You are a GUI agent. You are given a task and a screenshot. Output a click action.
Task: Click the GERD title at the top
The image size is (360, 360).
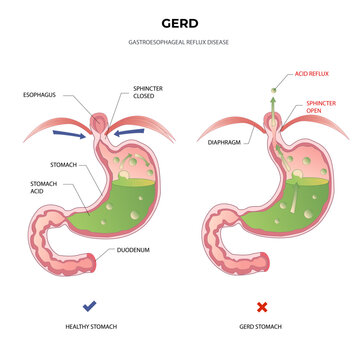coord(179,21)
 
